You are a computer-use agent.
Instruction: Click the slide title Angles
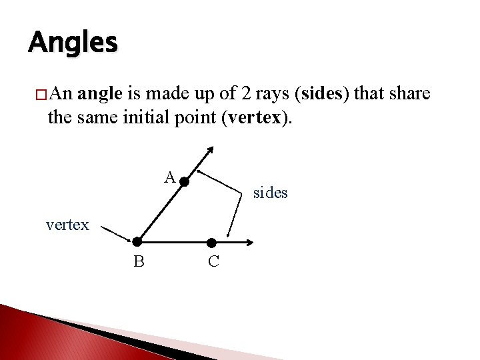pyautogui.click(x=73, y=42)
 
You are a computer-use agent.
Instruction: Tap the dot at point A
pyautogui.click(x=183, y=181)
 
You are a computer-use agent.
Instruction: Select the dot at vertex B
pyautogui.click(x=137, y=241)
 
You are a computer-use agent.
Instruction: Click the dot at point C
pyautogui.click(x=211, y=242)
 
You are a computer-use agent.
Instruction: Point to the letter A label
pyautogui.click(x=170, y=177)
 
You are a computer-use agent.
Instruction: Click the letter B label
pyautogui.click(x=139, y=262)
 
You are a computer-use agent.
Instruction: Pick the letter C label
pyautogui.click(x=213, y=262)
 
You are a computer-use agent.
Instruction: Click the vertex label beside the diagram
pyautogui.click(x=67, y=225)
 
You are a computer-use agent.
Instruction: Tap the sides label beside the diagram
pyautogui.click(x=270, y=193)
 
